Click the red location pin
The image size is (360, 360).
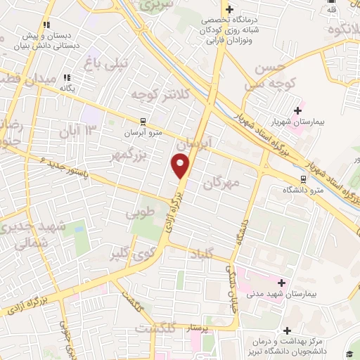pos(181,165)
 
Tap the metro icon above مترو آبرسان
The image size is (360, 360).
pos(143,120)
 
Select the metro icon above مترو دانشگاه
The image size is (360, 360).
pos(304,179)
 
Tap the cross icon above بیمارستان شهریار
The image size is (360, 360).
pos(299,110)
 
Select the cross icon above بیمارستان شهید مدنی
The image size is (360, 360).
pos(281,282)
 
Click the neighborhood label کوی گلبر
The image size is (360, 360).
pos(131,254)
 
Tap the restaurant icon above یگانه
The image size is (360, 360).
pos(67,77)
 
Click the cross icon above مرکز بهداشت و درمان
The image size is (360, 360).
pos(286,330)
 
